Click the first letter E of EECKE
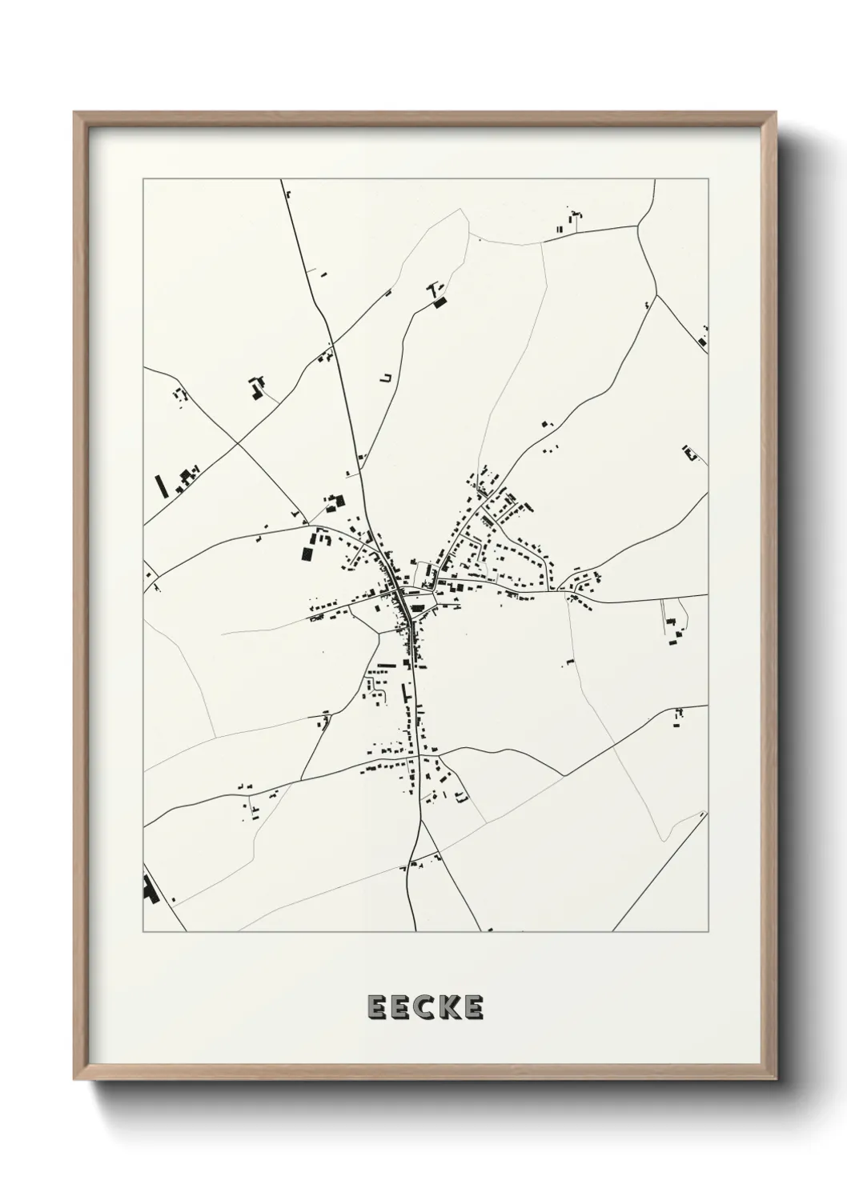point(375,1008)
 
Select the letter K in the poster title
point(449,1008)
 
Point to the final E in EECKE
point(474,1008)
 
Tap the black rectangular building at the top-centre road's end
point(439,302)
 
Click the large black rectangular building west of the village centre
point(307,552)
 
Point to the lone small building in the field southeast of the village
point(570,662)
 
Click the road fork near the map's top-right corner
point(656,294)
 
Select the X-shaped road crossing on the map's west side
point(236,442)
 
